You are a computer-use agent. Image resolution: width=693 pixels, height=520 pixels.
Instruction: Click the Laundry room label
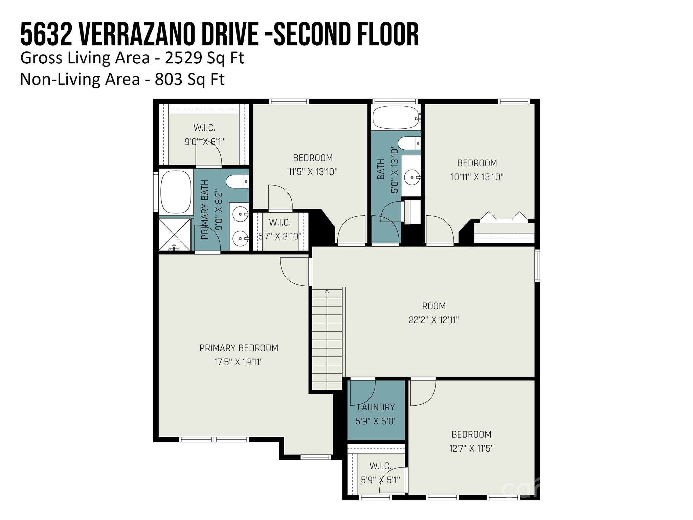[376, 407]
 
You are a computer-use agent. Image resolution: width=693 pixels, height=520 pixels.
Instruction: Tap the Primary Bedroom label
[239, 348]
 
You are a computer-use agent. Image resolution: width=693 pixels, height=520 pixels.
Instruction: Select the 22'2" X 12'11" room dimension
[434, 320]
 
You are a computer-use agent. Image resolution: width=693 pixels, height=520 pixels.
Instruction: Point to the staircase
[327, 339]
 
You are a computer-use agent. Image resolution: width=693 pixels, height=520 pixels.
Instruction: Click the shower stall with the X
[175, 235]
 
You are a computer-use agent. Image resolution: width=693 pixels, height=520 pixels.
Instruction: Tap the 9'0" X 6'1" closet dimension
[204, 142]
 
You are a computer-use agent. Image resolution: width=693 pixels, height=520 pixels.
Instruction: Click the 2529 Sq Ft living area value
[204, 58]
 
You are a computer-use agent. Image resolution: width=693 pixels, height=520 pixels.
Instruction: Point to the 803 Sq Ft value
[190, 80]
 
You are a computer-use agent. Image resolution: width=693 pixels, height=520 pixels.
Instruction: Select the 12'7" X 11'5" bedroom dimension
[471, 449]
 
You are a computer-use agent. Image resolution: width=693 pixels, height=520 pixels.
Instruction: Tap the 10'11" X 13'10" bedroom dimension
[477, 177]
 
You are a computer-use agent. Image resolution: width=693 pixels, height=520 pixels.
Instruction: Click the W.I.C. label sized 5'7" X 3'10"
[280, 222]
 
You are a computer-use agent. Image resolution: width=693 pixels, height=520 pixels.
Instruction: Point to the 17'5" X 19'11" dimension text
[239, 362]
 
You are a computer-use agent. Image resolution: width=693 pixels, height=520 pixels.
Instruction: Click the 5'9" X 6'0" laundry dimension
[376, 421]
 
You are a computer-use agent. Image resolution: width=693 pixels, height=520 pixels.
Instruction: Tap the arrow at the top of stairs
[327, 291]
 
